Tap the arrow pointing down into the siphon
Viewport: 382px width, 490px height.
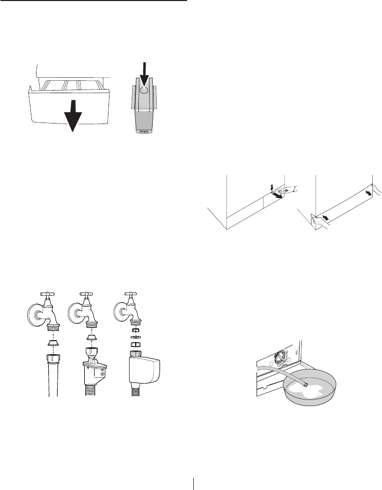pos(144,75)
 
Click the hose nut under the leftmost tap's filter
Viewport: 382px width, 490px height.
pos(53,358)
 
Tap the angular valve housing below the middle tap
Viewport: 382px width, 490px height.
pos(95,370)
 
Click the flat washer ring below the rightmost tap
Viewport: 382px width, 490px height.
pos(136,337)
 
